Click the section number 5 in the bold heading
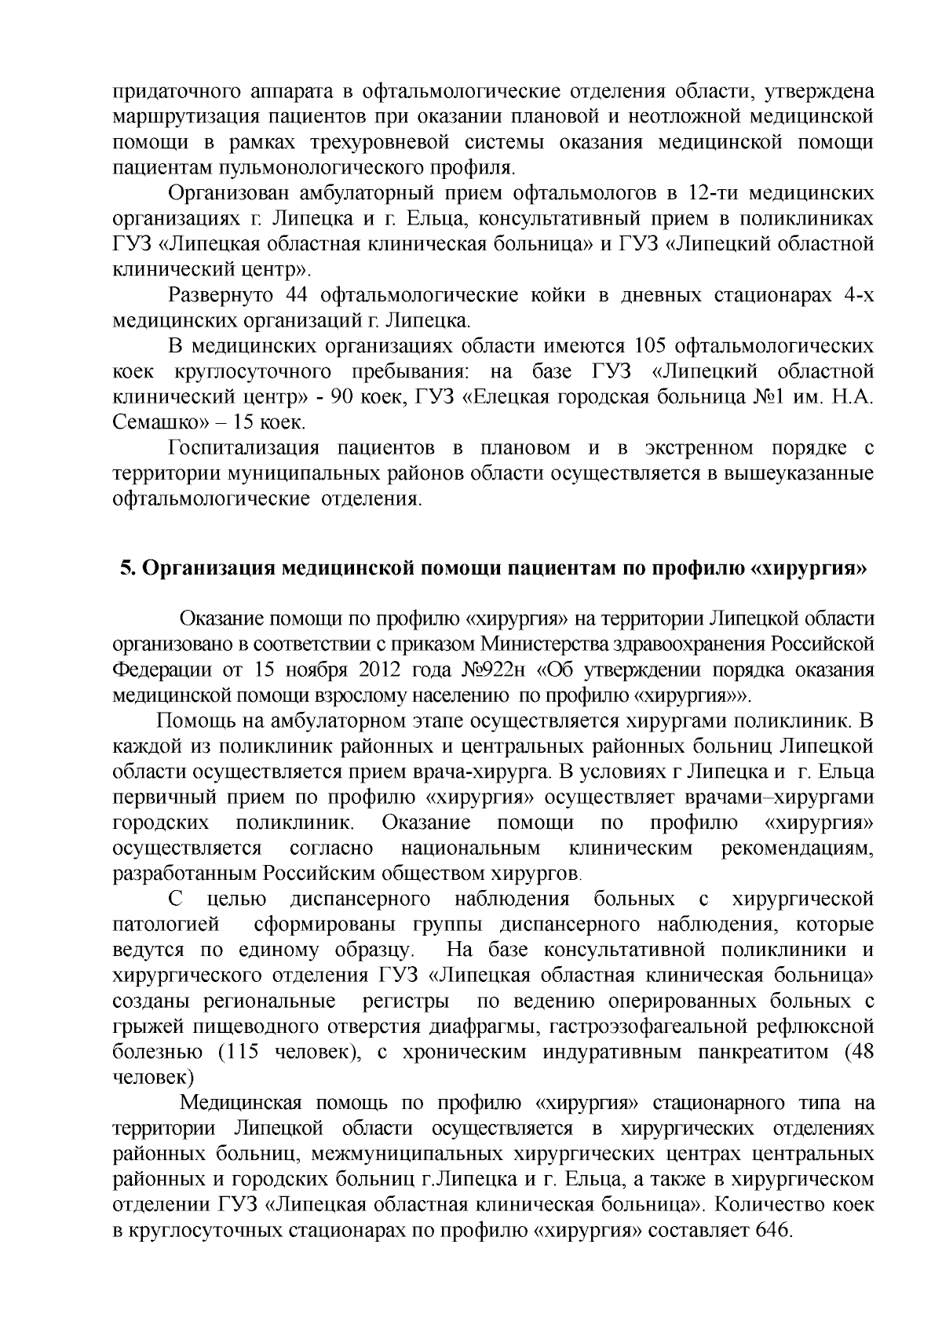click(124, 568)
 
